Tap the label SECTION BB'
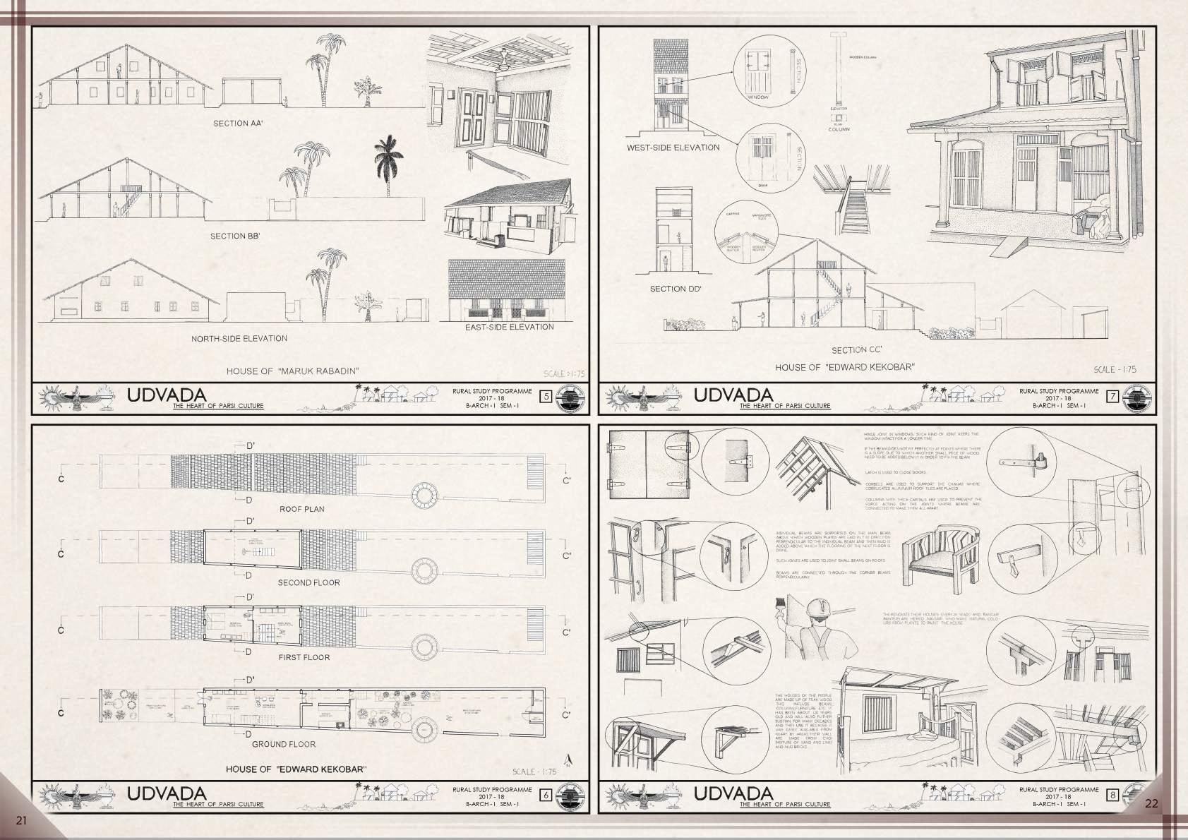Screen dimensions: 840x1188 (235, 236)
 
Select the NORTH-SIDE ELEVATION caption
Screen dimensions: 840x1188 (239, 339)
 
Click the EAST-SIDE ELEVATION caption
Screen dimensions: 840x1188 (509, 328)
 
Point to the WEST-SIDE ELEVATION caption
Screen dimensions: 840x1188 (673, 148)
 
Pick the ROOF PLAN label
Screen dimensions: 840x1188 (301, 509)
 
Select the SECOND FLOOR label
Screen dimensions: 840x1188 (308, 583)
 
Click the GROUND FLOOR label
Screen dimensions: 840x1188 (283, 744)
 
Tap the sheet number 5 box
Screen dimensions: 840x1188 (545, 397)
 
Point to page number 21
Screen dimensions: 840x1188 (20, 820)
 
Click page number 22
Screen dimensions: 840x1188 (1151, 803)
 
